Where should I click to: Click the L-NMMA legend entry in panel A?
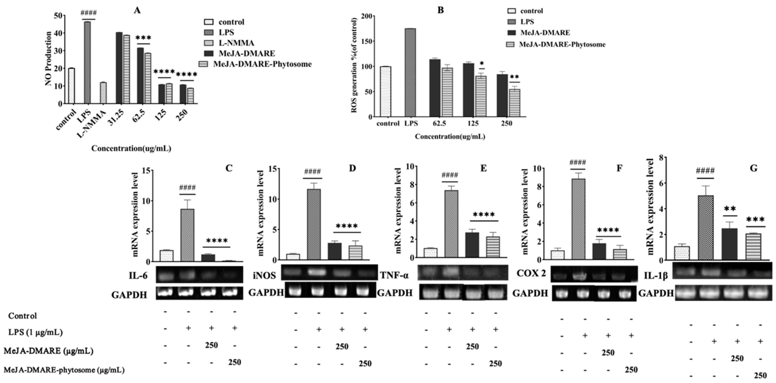click(x=236, y=43)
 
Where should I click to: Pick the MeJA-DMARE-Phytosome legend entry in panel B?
click(x=562, y=45)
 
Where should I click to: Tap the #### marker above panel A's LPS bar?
click(x=88, y=13)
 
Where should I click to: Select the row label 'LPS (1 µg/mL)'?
click(x=35, y=332)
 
